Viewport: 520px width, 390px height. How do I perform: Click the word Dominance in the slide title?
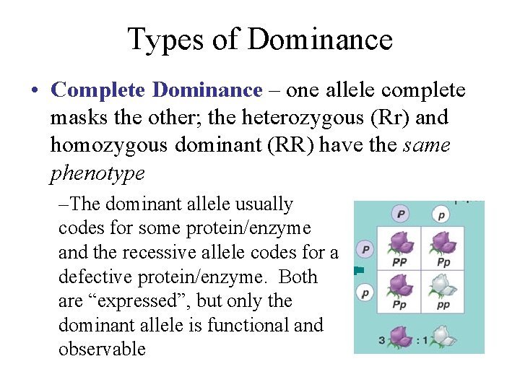321,39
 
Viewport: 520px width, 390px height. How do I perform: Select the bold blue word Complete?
100,90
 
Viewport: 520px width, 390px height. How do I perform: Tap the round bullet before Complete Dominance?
35,91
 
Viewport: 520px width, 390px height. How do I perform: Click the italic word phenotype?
97,173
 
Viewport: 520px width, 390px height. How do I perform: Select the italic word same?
427,146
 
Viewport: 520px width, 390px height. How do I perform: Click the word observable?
102,350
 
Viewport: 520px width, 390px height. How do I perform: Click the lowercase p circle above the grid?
441,214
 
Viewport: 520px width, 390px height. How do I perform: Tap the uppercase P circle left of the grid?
366,250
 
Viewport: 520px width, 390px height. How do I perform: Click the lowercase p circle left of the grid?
366,293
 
